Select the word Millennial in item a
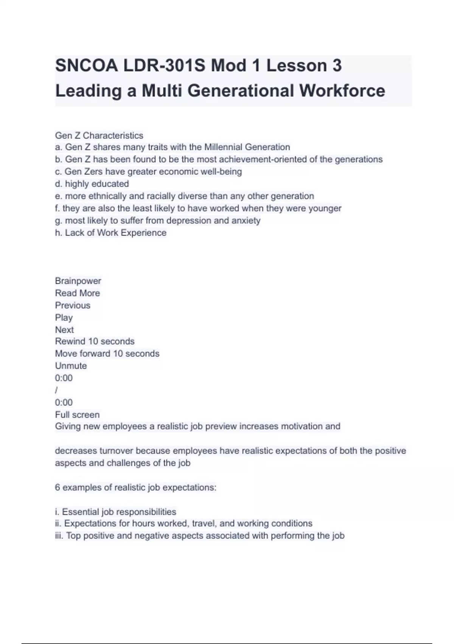(223, 147)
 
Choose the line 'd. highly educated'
(92, 184)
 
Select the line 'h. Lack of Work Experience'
(110, 233)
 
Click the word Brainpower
(78, 281)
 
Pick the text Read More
(78, 293)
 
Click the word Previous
(73, 305)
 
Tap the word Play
(64, 317)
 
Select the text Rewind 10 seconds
(95, 341)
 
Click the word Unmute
(71, 366)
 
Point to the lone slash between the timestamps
(56, 390)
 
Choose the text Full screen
(77, 414)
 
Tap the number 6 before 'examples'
(58, 487)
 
